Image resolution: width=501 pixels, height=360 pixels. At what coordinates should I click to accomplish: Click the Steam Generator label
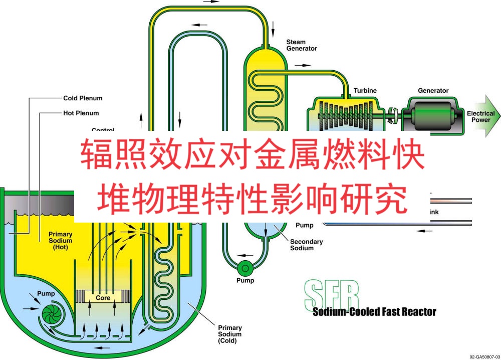pyautogui.click(x=301, y=45)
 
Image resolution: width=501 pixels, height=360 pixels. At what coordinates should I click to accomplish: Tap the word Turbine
pyautogui.click(x=365, y=91)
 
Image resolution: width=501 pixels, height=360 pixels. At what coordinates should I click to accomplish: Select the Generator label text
pyautogui.click(x=433, y=91)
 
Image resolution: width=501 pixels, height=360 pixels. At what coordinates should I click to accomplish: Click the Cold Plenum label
pyautogui.click(x=82, y=98)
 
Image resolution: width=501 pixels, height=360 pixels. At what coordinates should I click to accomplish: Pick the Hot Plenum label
pyautogui.click(x=81, y=113)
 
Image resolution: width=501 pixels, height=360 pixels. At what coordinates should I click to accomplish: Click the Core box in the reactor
pyautogui.click(x=103, y=298)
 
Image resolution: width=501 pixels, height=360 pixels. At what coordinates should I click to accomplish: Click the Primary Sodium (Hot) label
pyautogui.click(x=60, y=241)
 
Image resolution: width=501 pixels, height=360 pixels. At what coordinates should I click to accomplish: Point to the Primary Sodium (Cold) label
pyautogui.click(x=229, y=334)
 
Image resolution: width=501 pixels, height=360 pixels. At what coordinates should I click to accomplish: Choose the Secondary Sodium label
pyautogui.click(x=306, y=245)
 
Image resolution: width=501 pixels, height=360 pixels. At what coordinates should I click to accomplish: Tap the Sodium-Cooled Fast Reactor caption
pyautogui.click(x=374, y=312)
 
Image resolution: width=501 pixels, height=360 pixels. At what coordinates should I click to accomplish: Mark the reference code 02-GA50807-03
pyautogui.click(x=483, y=356)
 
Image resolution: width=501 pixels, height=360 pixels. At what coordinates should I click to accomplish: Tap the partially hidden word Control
pyautogui.click(x=103, y=130)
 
